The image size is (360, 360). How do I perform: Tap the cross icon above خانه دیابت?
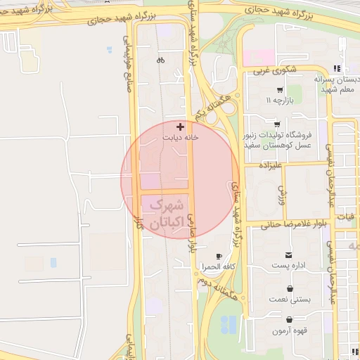181,127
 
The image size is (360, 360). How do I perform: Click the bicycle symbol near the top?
161,60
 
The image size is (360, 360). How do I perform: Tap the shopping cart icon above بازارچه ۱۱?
280,90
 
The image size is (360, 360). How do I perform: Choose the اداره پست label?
288,267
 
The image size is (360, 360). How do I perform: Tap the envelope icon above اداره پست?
288,255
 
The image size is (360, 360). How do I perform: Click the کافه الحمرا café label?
218,267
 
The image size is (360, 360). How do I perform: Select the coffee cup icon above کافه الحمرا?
219,256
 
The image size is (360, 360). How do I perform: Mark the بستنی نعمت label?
290,299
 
